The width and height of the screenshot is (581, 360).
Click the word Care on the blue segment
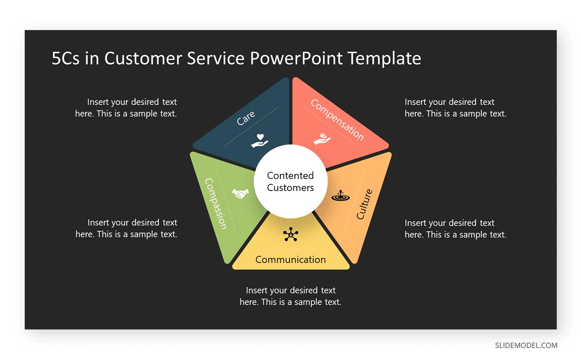tap(246, 118)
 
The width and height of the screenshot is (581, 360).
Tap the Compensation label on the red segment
tap(337, 120)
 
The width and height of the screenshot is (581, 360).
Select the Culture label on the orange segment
tap(365, 204)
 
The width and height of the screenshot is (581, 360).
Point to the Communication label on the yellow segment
tap(290, 260)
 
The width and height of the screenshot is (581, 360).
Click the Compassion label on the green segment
tap(216, 204)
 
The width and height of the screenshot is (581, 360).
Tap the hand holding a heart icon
tap(260, 141)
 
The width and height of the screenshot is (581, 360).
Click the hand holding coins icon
tap(322, 139)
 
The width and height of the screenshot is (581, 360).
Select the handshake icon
tap(240, 193)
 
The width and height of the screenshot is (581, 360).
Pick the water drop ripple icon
tap(340, 195)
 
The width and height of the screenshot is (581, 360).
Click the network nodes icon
tap(290, 234)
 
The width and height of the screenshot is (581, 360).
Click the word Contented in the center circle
tap(290, 176)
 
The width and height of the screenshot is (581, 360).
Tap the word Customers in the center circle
tap(290, 188)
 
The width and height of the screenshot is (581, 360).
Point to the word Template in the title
tap(384, 59)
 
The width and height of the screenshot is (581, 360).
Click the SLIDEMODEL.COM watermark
tap(526, 345)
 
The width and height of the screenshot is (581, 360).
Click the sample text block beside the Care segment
tap(126, 108)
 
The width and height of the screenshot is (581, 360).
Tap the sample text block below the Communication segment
tap(290, 296)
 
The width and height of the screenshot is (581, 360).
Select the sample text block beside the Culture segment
tap(456, 229)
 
